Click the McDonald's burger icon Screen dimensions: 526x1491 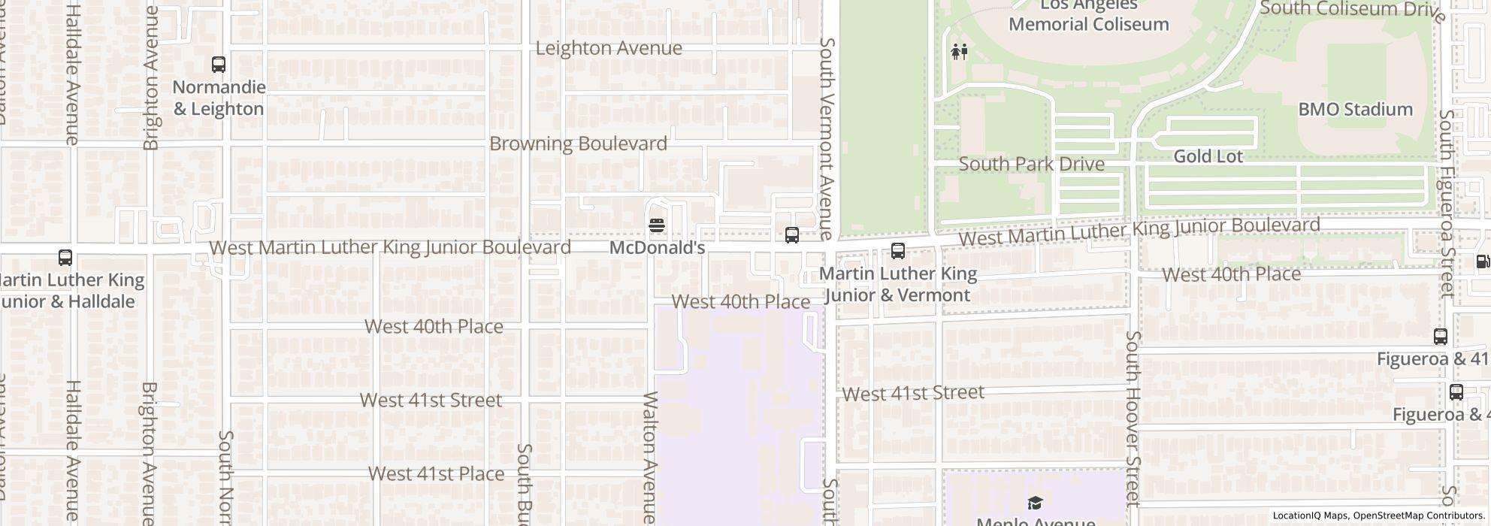click(x=657, y=225)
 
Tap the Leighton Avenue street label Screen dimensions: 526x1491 click(x=609, y=48)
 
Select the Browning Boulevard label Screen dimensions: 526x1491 click(x=578, y=144)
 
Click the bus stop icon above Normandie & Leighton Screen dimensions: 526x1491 click(x=219, y=65)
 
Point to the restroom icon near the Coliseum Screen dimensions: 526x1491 click(x=959, y=52)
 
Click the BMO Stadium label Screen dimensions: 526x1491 click(x=1355, y=110)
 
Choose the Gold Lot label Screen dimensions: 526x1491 click(x=1208, y=156)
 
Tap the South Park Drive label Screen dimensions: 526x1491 click(x=1031, y=164)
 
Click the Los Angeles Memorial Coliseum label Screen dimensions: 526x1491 click(x=1088, y=16)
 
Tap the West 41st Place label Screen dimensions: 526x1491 click(x=436, y=474)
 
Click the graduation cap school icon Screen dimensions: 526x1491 click(x=1035, y=503)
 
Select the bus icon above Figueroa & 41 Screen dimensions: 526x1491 click(x=1440, y=337)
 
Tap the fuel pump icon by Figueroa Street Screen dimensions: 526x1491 click(x=1482, y=261)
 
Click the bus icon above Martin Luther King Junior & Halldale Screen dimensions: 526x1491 click(x=65, y=258)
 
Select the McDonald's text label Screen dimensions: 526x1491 click(x=657, y=248)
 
